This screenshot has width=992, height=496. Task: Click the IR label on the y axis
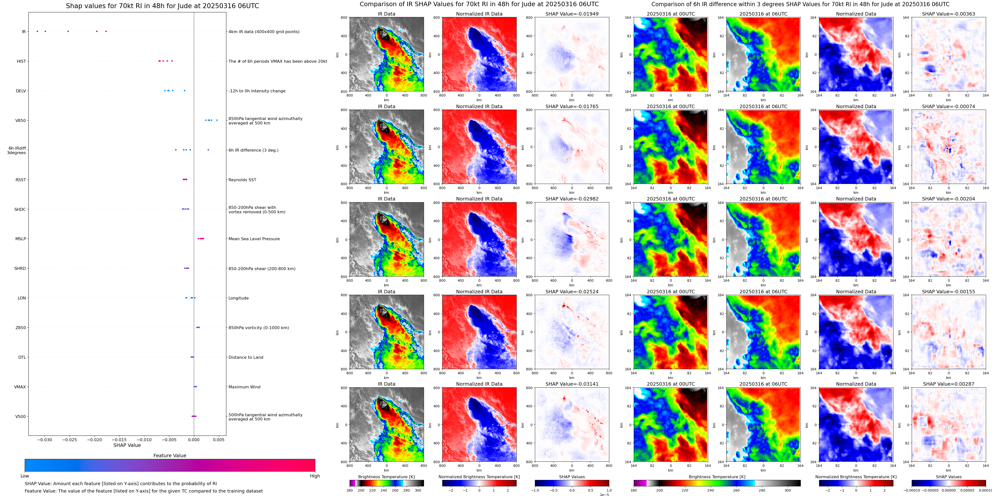(x=24, y=32)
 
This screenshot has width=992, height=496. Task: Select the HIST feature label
(x=21, y=61)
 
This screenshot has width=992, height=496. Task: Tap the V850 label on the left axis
(x=21, y=120)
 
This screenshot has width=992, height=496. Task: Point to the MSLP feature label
(x=21, y=239)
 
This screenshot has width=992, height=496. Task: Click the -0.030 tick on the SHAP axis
(x=45, y=440)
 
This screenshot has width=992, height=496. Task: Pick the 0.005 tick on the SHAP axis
(x=218, y=440)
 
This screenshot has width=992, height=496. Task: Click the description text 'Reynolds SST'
(x=242, y=180)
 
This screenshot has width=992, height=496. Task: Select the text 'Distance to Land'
(x=246, y=357)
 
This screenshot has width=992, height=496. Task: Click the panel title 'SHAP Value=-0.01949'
(x=572, y=14)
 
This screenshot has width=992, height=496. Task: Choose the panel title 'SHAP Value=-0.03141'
(x=572, y=384)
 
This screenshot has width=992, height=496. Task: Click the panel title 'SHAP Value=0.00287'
(x=949, y=384)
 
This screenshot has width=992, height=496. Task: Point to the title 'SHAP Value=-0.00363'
(x=949, y=14)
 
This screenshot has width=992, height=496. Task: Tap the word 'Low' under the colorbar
(x=25, y=476)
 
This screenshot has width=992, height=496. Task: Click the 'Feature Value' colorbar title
(x=169, y=456)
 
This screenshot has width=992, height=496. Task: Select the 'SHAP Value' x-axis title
(x=127, y=445)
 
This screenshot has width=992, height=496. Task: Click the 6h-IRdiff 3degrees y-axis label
(x=17, y=150)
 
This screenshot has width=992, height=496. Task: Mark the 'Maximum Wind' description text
(x=244, y=387)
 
